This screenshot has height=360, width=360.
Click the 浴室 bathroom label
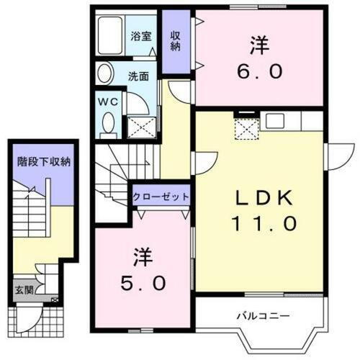(x=141, y=36)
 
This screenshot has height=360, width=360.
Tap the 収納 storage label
(x=175, y=41)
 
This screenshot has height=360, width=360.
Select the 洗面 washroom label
(x=138, y=74)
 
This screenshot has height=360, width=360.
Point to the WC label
(x=107, y=101)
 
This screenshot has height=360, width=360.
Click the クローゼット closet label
(x=161, y=197)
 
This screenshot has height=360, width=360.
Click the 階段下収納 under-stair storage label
(x=45, y=161)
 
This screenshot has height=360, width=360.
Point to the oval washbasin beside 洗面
(x=105, y=74)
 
